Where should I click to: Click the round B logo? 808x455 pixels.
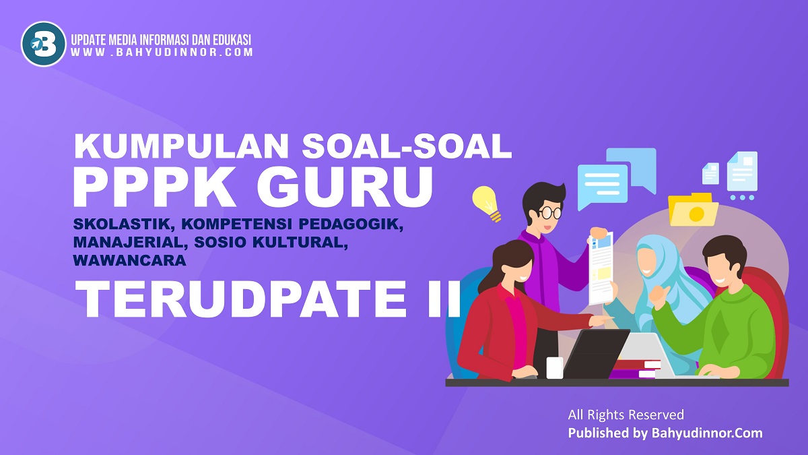tap(44, 44)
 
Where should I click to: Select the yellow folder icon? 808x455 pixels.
tap(693, 210)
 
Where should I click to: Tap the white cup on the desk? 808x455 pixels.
tap(554, 368)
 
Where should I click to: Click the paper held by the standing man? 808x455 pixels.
tap(601, 266)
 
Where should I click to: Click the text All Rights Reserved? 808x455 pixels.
tap(626, 415)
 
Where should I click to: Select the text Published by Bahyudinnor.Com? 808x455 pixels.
tap(665, 433)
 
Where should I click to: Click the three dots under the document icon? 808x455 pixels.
tap(742, 198)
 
